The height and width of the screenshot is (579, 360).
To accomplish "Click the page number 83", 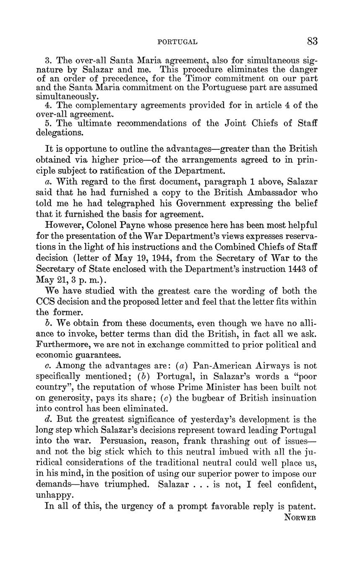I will [x=312, y=41].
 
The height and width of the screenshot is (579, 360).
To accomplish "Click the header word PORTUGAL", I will [x=177, y=42].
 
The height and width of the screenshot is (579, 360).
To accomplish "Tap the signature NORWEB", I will [x=300, y=517].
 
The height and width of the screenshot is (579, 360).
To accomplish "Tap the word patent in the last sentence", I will [x=302, y=506].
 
